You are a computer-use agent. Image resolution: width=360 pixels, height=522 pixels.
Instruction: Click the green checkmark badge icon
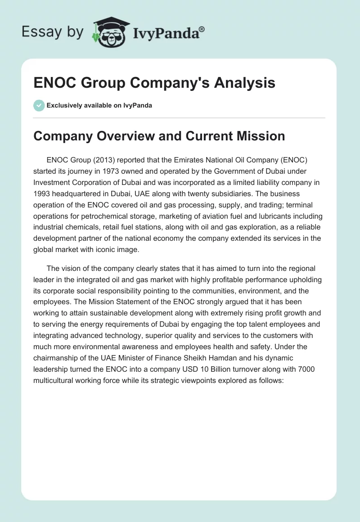click(x=39, y=105)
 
